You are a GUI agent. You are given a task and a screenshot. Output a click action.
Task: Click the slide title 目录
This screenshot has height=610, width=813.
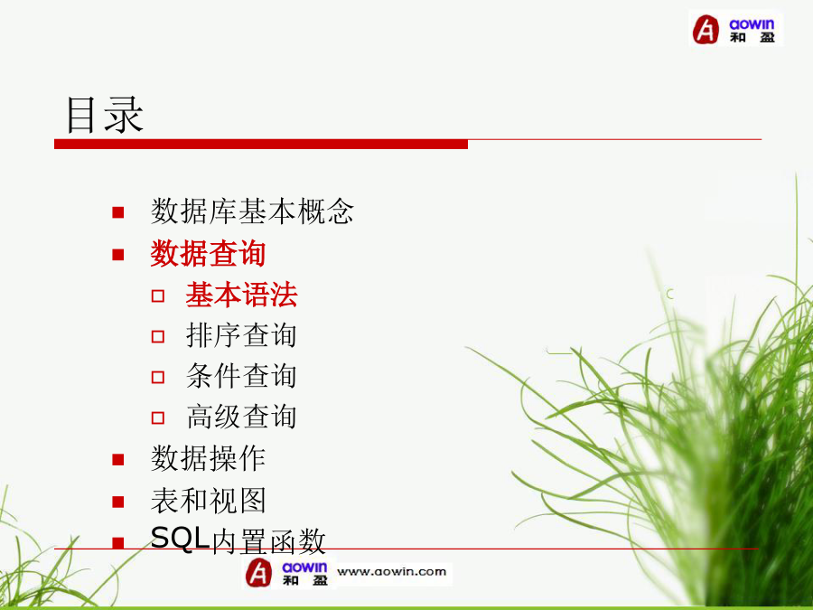tap(105, 115)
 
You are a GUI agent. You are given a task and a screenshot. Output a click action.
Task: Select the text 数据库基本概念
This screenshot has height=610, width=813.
tap(252, 211)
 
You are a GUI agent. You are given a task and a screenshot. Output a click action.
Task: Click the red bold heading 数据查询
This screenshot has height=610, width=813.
tap(208, 254)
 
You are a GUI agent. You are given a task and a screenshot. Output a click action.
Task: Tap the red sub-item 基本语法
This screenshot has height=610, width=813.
tap(241, 295)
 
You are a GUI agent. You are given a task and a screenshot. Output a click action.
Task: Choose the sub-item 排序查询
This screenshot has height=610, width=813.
tap(241, 335)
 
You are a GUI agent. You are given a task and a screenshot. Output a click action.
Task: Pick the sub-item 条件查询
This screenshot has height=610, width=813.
tap(241, 376)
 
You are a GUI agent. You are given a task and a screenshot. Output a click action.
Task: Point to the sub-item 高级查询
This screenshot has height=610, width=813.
tap(241, 417)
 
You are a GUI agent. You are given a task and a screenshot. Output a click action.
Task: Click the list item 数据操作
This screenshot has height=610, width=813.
tap(208, 458)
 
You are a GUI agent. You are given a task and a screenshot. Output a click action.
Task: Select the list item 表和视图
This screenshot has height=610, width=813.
tap(208, 501)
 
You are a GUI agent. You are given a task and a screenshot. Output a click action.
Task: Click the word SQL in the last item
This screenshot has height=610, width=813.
tap(180, 538)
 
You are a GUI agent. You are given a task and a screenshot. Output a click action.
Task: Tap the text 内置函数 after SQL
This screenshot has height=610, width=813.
tap(268, 541)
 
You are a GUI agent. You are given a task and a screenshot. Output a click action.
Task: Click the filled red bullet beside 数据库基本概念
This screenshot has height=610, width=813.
tap(118, 212)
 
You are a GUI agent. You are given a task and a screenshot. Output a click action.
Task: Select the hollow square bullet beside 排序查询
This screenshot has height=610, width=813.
tap(158, 337)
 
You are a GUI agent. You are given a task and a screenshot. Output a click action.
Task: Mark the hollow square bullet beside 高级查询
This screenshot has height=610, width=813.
tap(158, 418)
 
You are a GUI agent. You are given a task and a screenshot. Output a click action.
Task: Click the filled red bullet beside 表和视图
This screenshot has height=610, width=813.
tap(118, 502)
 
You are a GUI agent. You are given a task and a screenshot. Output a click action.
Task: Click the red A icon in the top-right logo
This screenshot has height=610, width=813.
tap(706, 29)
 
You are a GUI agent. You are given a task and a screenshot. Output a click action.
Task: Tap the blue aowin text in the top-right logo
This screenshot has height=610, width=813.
tap(752, 23)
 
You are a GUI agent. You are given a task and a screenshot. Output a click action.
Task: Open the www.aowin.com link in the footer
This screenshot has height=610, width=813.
tap(391, 572)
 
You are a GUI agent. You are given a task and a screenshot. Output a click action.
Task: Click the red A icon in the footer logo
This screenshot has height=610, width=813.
tap(258, 573)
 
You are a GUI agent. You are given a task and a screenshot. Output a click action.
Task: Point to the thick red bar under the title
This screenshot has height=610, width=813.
tap(261, 145)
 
